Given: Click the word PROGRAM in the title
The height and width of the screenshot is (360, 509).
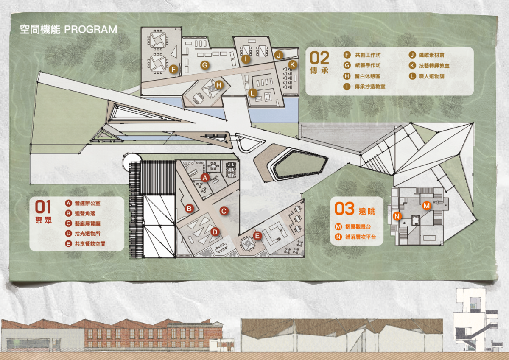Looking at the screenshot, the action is click(91, 30).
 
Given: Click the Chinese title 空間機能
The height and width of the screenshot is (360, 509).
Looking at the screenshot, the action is click(40, 30).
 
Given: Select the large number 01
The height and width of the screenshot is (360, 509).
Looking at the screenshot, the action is click(43, 207).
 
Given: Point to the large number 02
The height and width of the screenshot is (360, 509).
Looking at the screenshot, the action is click(319, 58).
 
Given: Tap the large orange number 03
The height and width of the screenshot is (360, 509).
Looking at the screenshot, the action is click(344, 209).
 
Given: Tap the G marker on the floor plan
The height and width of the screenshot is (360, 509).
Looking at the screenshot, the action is click(205, 65).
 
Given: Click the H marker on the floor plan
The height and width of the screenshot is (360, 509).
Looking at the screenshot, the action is click(219, 85).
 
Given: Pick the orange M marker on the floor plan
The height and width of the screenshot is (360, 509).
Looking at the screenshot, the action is click(427, 206).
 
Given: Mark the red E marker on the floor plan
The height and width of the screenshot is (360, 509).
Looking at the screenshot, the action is click(257, 236).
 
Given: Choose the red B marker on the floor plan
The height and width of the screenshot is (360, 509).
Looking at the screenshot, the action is click(189, 208).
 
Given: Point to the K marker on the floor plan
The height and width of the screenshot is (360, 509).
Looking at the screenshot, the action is click(292, 65).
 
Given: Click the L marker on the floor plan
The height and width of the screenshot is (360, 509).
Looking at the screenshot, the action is click(252, 93).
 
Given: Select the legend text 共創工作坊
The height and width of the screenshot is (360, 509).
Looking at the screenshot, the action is click(368, 55).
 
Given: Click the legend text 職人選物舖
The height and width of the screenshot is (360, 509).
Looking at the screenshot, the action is click(431, 76).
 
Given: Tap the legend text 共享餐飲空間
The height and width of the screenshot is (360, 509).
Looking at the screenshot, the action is click(90, 244).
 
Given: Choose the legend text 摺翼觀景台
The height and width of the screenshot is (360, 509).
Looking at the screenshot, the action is click(358, 226).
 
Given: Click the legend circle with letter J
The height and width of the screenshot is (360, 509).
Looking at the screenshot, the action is click(412, 55).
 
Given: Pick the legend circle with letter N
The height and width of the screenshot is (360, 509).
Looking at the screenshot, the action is click(338, 237).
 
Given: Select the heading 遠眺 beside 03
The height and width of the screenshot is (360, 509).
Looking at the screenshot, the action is click(367, 211).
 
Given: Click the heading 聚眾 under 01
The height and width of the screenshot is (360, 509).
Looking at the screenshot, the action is click(43, 220).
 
